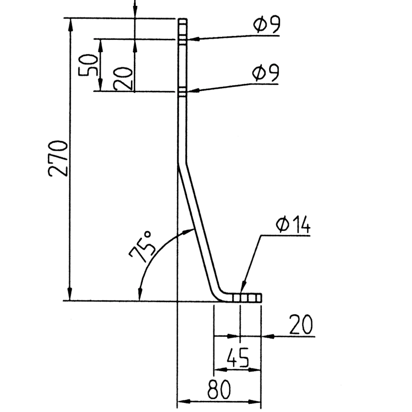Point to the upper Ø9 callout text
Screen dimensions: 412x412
266,25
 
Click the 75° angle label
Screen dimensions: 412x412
141,247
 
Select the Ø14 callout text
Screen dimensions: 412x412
293,225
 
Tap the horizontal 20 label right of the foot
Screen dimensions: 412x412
301,325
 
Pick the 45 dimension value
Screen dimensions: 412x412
238,359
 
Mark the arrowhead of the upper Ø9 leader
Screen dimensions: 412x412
190,39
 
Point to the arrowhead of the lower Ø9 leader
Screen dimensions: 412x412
190,90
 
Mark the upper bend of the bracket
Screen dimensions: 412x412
182,165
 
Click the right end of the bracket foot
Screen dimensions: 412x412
261,297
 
